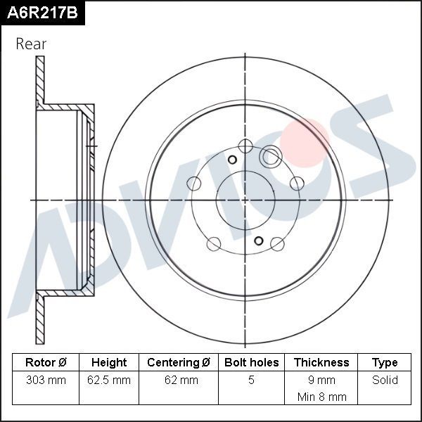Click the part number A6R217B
41,13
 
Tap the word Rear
31,44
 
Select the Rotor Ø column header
46,363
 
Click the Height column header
109,363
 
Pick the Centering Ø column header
179,363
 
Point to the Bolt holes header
251,363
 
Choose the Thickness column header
321,363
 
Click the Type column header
385,363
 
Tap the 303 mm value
46,381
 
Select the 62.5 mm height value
109,381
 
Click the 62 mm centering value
179,381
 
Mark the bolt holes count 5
251,381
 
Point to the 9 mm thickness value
321,381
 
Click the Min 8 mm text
321,397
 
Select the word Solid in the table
385,381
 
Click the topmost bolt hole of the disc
245,146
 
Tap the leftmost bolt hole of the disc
194,184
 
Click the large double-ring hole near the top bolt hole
271,156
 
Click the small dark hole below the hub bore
259,241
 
